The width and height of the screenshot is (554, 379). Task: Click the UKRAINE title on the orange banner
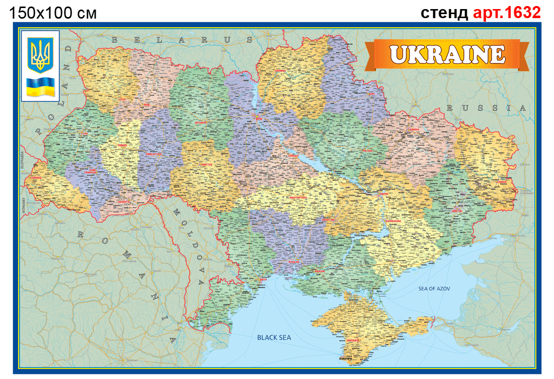[x=447, y=54]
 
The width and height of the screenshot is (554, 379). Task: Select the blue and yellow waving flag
[x=40, y=87]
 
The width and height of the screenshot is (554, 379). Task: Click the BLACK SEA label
[x=274, y=338]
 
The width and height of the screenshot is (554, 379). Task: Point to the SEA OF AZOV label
[x=434, y=289]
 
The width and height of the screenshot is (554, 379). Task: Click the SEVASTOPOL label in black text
[x=345, y=358]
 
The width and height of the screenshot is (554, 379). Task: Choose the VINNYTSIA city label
[x=207, y=164]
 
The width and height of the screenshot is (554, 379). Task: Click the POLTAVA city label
[x=368, y=150]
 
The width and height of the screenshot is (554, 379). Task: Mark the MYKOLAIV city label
[x=294, y=262]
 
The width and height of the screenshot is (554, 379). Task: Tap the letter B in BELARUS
[x=115, y=39]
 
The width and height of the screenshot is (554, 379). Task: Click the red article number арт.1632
[x=507, y=12]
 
